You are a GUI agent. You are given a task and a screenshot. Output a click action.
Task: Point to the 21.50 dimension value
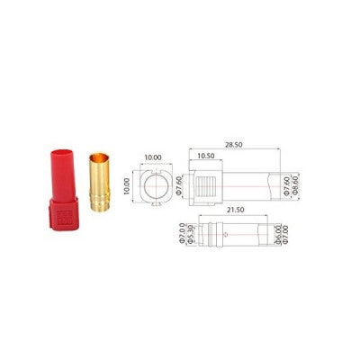coord(236,209)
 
